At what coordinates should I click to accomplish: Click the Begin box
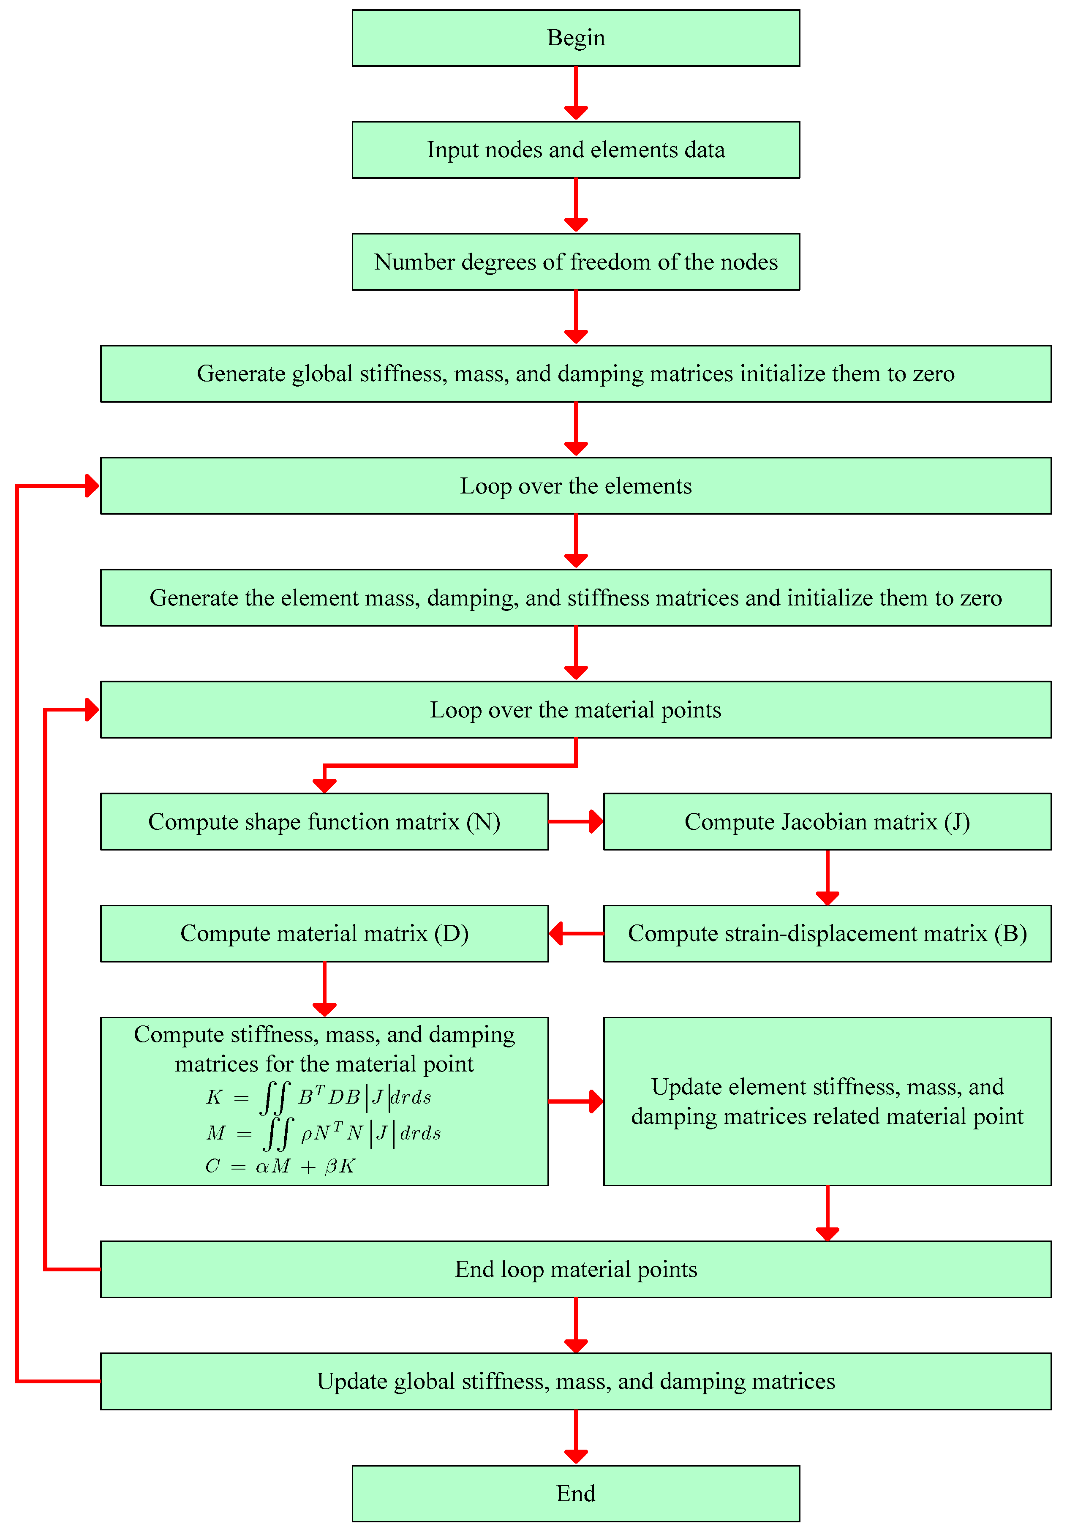(576, 38)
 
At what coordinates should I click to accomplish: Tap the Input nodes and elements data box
(576, 149)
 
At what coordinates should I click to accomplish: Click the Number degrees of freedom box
(576, 262)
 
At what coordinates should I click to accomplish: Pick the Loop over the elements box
(576, 485)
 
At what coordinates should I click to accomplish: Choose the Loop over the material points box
(576, 709)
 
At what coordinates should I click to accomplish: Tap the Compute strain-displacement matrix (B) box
(827, 933)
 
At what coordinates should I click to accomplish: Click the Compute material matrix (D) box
(324, 933)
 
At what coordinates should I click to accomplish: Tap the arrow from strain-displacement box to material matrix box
(576, 933)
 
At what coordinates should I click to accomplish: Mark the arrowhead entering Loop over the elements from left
(92, 485)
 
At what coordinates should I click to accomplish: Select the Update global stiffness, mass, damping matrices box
(576, 1381)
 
